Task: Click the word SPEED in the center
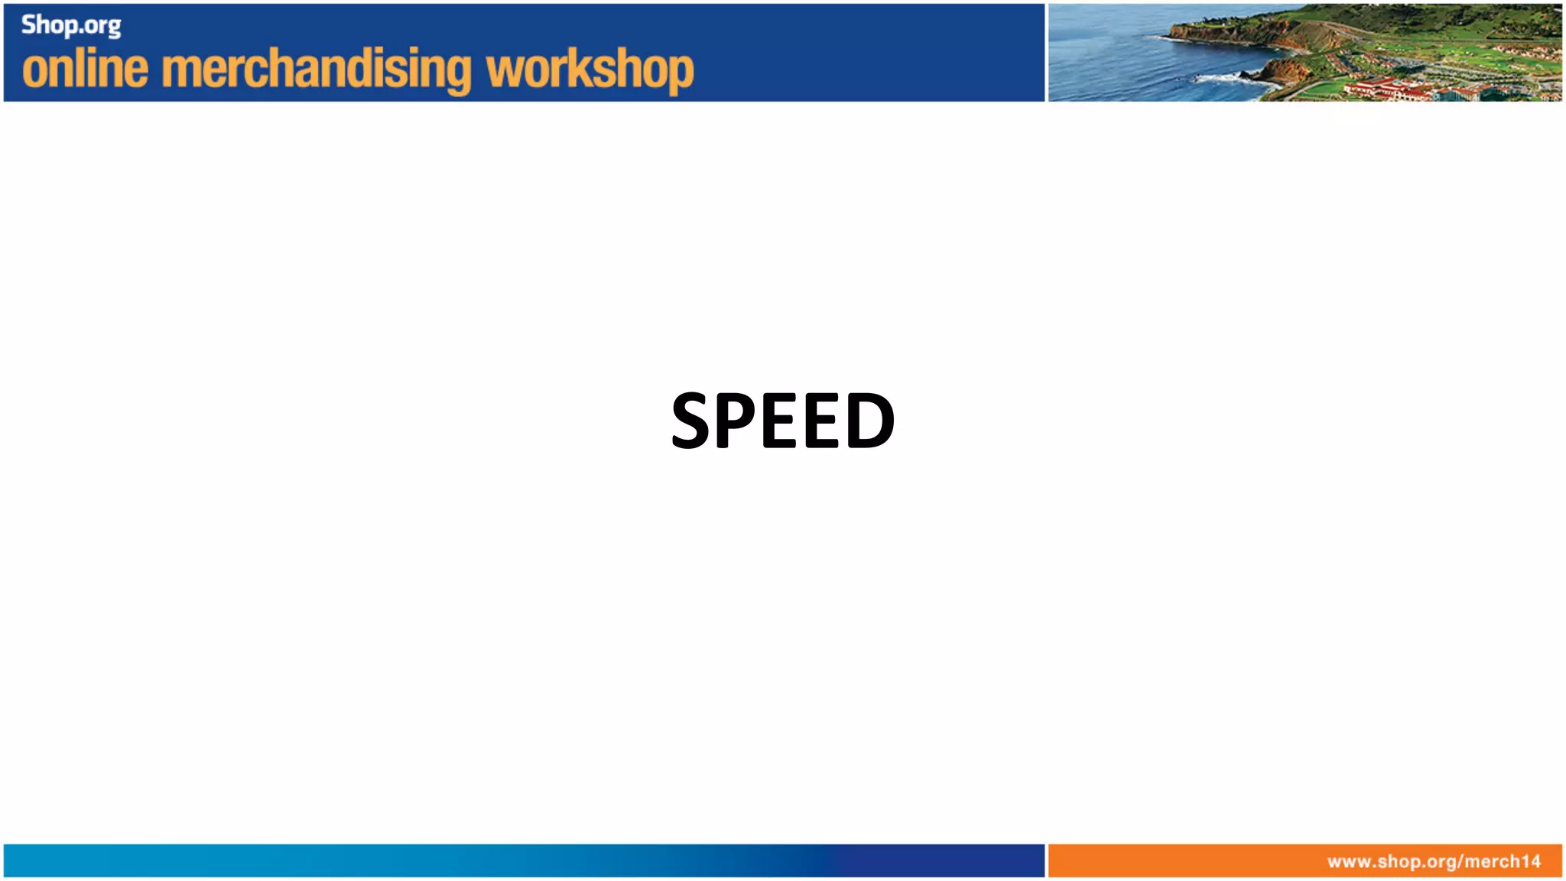click(782, 420)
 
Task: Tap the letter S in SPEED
click(691, 420)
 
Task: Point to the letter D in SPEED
click(870, 420)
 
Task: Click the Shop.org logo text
click(70, 25)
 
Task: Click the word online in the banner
click(85, 69)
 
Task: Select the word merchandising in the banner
click(317, 69)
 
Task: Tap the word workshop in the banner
click(590, 69)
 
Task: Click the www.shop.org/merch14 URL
click(1434, 861)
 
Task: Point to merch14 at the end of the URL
click(1503, 861)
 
